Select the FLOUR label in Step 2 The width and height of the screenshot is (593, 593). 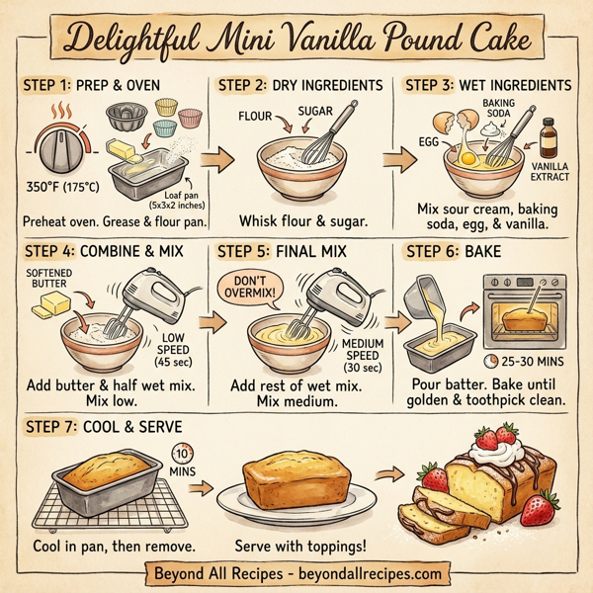(254, 116)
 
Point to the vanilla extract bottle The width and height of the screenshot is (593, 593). (548, 139)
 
